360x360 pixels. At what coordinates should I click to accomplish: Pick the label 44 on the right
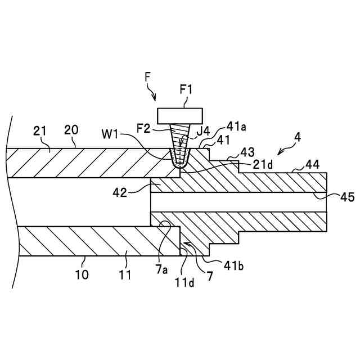tap(313, 164)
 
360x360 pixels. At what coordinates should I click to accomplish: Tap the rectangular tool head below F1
tap(180, 115)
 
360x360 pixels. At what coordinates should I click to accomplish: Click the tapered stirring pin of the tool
tap(180, 143)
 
